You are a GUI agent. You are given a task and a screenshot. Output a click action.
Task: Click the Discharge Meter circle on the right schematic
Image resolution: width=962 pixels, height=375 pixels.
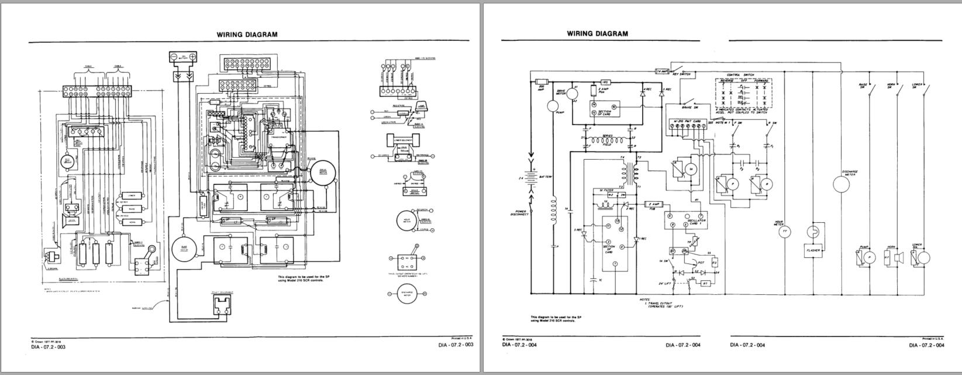coord(841,184)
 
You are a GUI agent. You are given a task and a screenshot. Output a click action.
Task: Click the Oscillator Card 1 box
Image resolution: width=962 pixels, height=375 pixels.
coord(685,221)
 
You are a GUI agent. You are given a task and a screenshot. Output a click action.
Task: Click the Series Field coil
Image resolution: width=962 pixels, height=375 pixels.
coord(608,140)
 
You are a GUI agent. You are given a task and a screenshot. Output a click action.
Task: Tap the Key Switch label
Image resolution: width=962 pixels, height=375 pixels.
coord(682,74)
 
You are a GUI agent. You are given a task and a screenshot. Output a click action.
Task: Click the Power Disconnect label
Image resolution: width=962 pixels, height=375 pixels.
coord(520,213)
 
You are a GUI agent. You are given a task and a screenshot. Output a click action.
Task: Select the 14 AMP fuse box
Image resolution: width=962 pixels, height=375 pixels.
coord(662,71)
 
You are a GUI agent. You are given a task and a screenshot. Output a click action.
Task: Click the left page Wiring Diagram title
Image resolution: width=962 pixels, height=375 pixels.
coord(247,35)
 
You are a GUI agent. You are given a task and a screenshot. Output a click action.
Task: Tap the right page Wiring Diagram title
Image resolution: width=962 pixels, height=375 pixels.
coord(598,33)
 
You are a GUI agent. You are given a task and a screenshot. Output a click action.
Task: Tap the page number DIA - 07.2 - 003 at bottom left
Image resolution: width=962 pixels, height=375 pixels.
coord(49,346)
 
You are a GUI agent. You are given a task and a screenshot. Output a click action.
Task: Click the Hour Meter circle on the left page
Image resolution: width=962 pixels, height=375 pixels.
coord(406,219)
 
